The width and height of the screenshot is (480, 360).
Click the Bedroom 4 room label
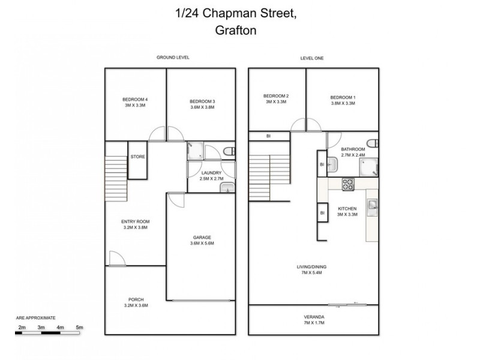135,100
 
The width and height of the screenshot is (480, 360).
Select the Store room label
137,157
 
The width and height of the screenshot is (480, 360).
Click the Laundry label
212,173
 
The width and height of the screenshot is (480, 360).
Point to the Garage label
202,238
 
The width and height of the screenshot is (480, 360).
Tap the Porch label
136,299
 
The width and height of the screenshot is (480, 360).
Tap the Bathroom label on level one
353,149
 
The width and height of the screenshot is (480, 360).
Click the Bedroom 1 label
343,97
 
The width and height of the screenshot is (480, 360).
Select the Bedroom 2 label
276,97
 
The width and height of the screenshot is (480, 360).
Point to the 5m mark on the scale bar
79,327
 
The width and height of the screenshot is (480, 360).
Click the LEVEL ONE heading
313,58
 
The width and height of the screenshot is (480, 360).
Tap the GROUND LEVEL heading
173,58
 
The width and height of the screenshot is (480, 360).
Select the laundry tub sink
227,187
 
